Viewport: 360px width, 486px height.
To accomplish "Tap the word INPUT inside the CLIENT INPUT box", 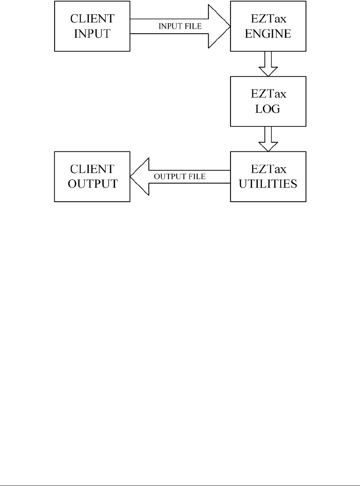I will [92, 34].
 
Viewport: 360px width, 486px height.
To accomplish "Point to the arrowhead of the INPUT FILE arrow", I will [219, 26].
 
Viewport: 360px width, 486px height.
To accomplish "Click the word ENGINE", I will [268, 34].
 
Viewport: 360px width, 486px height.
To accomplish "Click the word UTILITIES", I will [268, 184].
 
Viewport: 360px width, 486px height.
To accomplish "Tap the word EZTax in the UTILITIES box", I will [268, 169].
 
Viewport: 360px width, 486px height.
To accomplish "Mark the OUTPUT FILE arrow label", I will [180, 177].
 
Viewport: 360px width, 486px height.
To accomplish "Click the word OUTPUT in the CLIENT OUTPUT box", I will [92, 184].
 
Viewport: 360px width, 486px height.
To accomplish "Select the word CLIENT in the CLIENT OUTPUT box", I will [92, 169].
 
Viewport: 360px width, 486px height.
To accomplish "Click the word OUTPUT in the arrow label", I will [170, 177].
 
